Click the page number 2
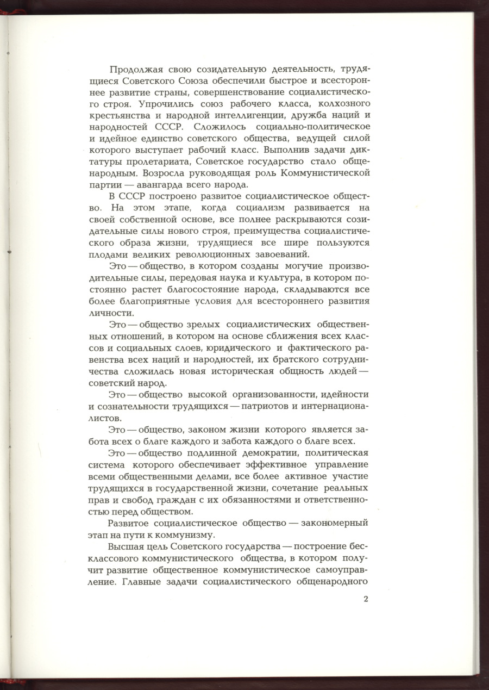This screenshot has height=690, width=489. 366,600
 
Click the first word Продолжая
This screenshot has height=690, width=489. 134,69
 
